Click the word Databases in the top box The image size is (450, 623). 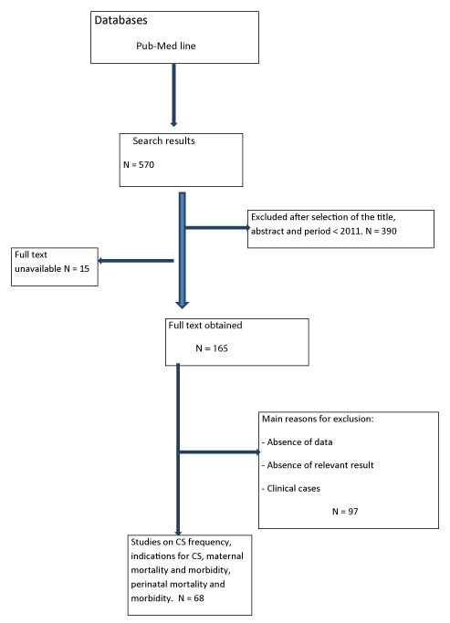[120, 20]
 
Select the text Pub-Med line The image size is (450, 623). [166, 46]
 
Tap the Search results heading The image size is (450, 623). [163, 140]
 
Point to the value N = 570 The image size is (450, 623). [139, 164]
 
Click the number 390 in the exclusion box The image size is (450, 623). [389, 231]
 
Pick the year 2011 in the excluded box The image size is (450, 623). [350, 231]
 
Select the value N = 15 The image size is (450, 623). [77, 268]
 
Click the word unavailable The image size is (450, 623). [37, 268]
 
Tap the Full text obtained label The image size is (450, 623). [205, 326]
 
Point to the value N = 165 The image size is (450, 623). [212, 348]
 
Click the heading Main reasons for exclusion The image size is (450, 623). [318, 419]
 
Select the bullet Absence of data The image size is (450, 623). [298, 441]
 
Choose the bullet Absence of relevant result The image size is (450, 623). [318, 465]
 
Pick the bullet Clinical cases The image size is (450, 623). [291, 488]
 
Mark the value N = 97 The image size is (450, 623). [345, 512]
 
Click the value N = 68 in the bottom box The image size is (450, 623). [191, 598]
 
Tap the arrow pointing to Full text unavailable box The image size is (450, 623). [136, 261]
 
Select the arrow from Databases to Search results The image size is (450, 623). [173, 95]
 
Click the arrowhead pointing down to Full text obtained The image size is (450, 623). [182, 306]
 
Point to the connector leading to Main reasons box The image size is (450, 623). [219, 452]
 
